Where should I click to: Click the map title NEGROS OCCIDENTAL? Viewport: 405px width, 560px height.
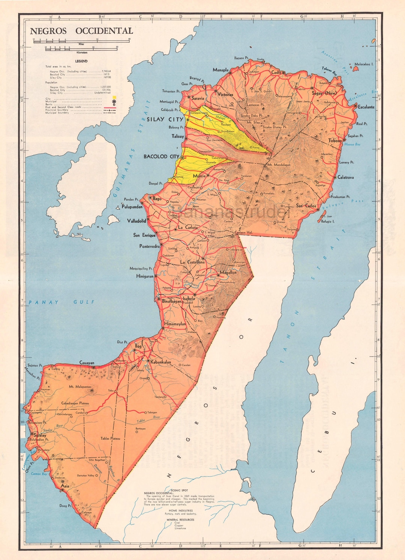(x=81, y=31)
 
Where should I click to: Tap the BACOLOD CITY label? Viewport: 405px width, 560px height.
(x=161, y=157)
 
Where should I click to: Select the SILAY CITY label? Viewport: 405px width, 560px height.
(x=165, y=119)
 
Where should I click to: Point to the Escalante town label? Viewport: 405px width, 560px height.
(x=366, y=107)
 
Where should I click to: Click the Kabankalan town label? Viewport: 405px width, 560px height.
(x=161, y=362)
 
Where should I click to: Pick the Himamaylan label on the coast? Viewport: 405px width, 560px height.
(x=175, y=324)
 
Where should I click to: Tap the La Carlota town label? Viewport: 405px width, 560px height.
(x=187, y=227)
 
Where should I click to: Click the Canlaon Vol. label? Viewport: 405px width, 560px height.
(x=244, y=233)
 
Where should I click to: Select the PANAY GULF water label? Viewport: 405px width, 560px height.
(x=62, y=302)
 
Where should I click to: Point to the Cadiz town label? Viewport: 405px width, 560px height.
(x=276, y=72)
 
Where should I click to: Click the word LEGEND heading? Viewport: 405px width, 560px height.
(x=81, y=61)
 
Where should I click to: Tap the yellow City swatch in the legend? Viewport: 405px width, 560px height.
(x=114, y=98)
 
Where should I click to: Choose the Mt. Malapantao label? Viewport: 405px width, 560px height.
(x=80, y=387)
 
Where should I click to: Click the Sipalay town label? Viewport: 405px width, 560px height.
(x=40, y=435)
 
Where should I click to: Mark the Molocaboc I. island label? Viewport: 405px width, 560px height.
(x=364, y=64)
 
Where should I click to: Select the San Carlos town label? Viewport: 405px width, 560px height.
(x=306, y=206)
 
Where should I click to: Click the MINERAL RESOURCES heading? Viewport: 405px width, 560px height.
(x=180, y=519)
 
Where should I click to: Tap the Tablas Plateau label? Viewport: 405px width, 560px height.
(x=110, y=438)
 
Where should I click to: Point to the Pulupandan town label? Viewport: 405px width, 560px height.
(x=132, y=207)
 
